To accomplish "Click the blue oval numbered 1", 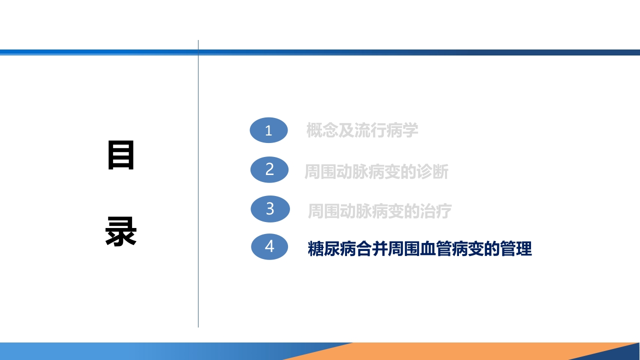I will [268, 130].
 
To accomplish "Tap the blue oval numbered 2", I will [269, 169].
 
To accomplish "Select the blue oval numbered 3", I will [270, 208].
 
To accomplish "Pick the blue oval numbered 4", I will [269, 246].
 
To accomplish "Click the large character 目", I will [121, 156].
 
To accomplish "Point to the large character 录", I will [121, 231].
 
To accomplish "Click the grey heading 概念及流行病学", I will [362, 130].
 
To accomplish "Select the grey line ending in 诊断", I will [376, 171].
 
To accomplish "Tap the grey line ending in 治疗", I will [379, 211].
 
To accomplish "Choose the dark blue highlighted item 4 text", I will [419, 248].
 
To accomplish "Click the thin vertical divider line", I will [198, 200].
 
